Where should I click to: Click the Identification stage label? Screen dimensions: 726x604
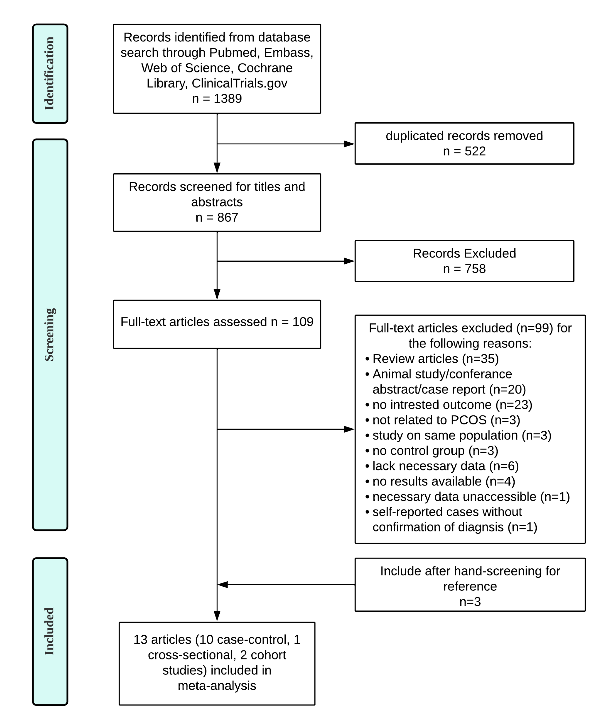point(49,74)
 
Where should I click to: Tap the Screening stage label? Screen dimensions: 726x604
point(49,335)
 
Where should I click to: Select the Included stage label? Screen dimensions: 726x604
point(49,631)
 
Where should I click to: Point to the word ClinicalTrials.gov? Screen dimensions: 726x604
point(239,83)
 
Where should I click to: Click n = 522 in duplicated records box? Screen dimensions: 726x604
point(464,151)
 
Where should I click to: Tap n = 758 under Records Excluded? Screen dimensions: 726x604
point(464,269)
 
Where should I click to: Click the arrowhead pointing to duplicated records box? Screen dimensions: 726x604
point(349,144)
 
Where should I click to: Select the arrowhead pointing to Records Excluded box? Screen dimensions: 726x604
point(349,261)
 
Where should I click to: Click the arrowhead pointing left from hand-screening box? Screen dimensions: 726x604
point(223,585)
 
